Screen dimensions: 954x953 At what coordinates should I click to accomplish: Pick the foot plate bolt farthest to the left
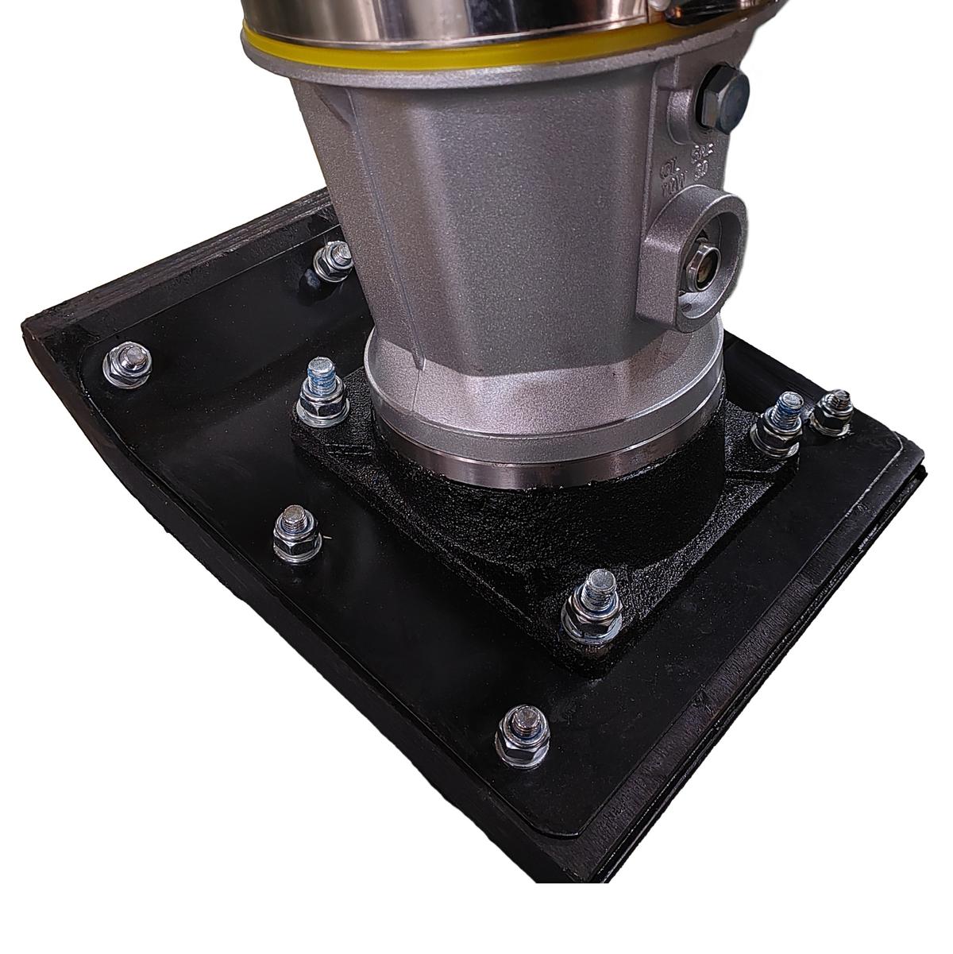click(127, 365)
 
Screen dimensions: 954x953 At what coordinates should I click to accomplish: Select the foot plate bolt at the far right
click(832, 412)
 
